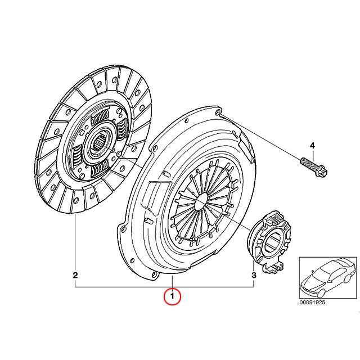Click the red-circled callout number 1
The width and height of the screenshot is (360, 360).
(172, 296)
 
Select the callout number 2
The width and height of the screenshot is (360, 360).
(75, 275)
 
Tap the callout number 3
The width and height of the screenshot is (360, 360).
(254, 275)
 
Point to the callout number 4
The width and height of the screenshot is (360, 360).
(313, 146)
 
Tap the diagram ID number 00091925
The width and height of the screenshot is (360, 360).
(312, 302)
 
